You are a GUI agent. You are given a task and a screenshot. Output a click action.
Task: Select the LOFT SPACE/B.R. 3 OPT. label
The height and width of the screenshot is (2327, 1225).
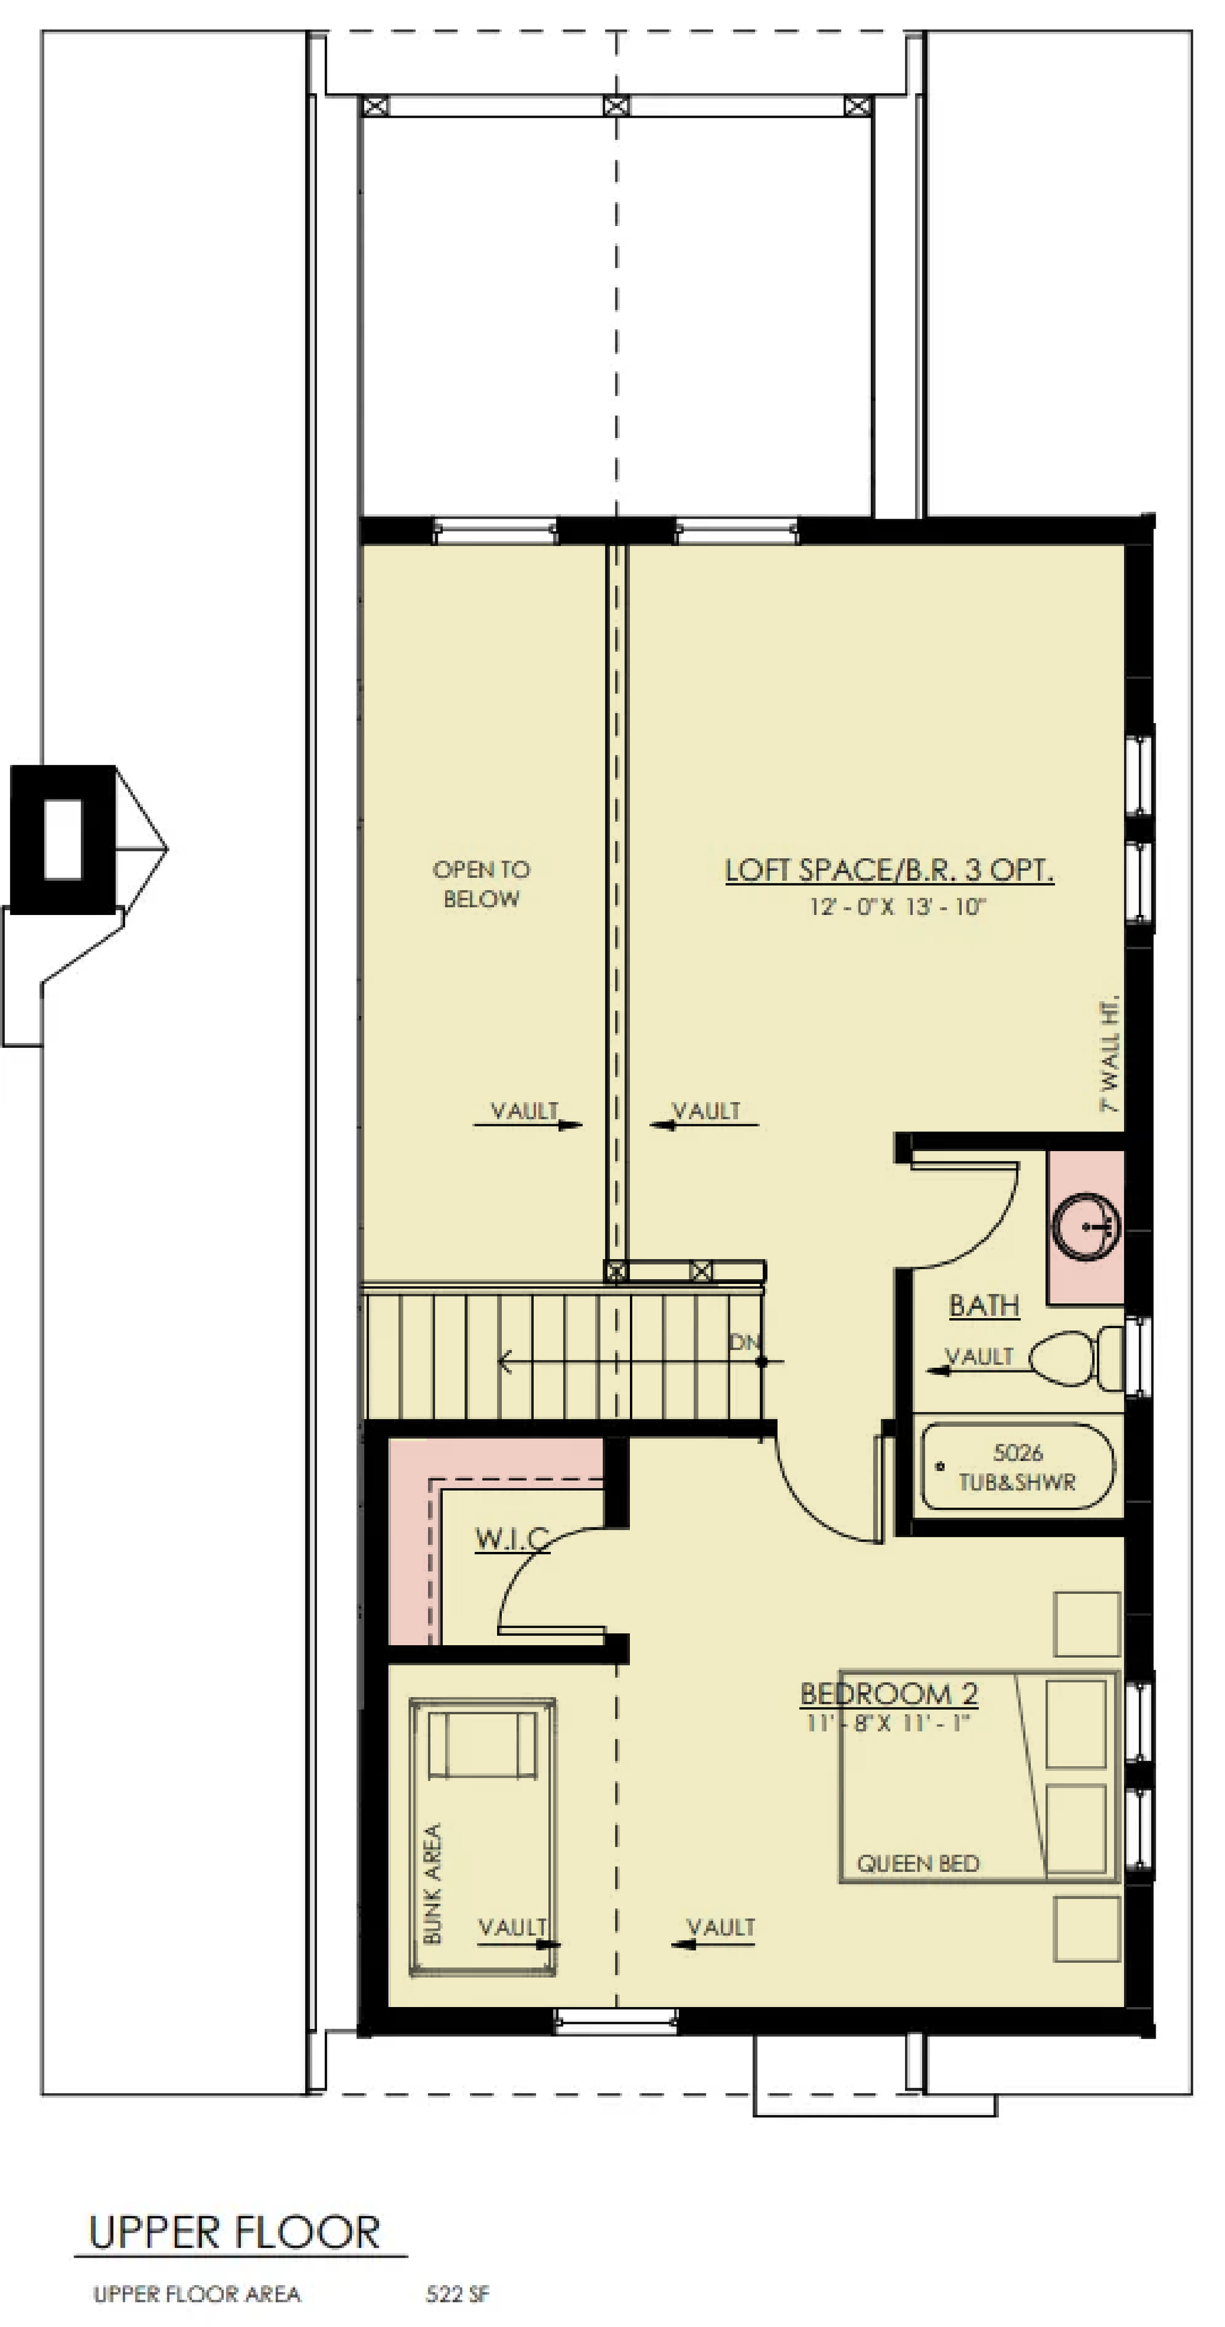[x=889, y=870]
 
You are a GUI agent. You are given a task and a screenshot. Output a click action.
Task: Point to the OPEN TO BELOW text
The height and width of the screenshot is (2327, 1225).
[x=480, y=883]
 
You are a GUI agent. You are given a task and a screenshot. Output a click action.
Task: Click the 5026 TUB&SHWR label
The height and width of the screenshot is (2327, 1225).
[x=1017, y=1467]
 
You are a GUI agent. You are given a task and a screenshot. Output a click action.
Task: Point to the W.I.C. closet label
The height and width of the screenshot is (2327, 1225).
[x=512, y=1538]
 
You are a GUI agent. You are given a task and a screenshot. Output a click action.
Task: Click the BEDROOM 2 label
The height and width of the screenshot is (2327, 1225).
[x=889, y=1693]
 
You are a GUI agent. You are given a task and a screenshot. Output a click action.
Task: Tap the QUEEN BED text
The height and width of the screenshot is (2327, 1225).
[x=918, y=1864]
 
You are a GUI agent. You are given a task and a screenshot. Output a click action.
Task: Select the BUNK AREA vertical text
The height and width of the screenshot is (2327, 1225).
[x=432, y=1883]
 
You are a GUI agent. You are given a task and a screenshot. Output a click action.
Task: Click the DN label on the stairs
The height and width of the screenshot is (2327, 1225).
[x=745, y=1343]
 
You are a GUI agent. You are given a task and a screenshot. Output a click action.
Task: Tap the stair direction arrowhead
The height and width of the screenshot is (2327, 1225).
[x=505, y=1361]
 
